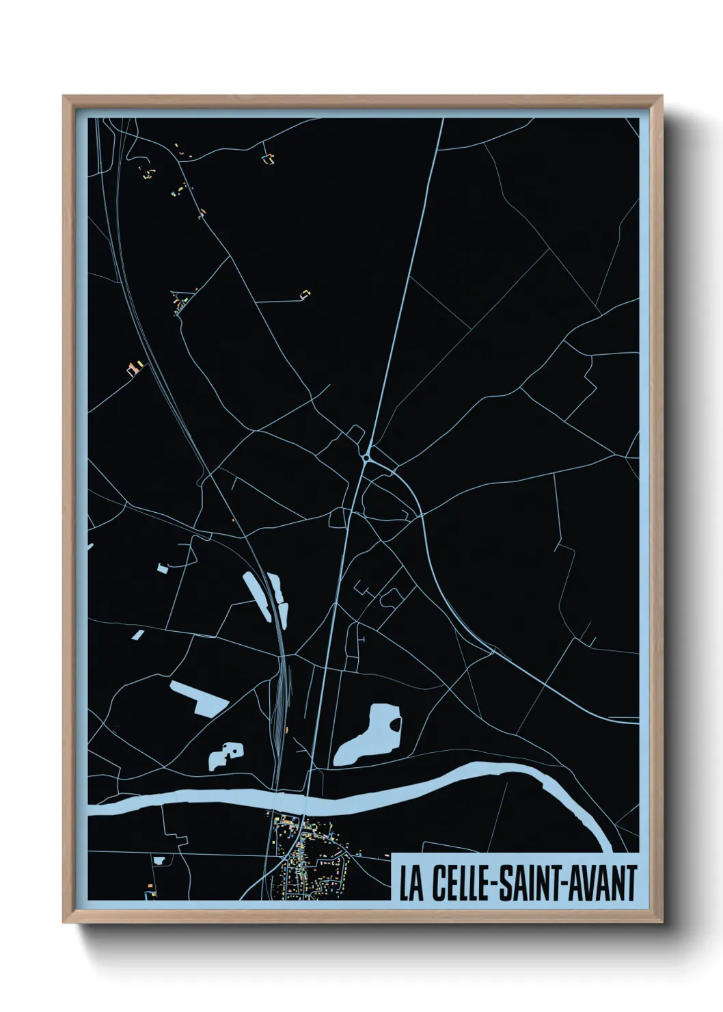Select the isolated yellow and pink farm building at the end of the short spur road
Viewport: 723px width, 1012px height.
[303, 294]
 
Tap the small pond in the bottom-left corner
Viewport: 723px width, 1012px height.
[159, 860]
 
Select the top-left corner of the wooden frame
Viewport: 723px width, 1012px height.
[65, 98]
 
